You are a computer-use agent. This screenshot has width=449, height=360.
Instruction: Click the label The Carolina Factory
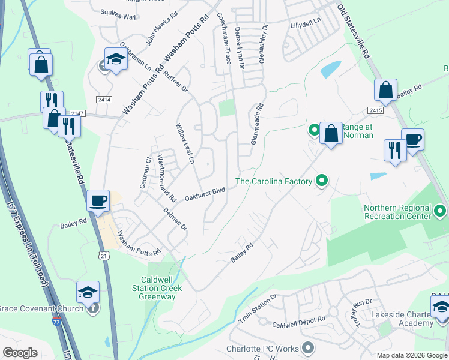pyautogui.click(x=274, y=181)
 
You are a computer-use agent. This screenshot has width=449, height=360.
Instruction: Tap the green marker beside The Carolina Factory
pyautogui.click(x=322, y=180)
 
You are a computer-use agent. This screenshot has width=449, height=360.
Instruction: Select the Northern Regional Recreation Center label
pyautogui.click(x=397, y=212)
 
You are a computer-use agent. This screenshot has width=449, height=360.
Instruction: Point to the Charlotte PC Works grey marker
pyautogui.click(x=308, y=348)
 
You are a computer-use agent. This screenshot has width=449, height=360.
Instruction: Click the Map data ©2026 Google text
pyautogui.click(x=412, y=355)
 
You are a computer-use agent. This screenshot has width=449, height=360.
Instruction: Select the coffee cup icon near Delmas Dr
pyautogui.click(x=98, y=202)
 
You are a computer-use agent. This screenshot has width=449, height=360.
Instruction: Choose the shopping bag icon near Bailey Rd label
pyautogui.click(x=385, y=91)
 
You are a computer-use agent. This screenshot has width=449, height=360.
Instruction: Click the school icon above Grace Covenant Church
pyautogui.click(x=88, y=292)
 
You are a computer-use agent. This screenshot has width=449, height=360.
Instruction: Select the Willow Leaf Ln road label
pyautogui.click(x=185, y=144)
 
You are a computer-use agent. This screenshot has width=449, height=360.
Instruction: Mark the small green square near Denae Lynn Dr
pyautogui.click(x=226, y=108)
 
